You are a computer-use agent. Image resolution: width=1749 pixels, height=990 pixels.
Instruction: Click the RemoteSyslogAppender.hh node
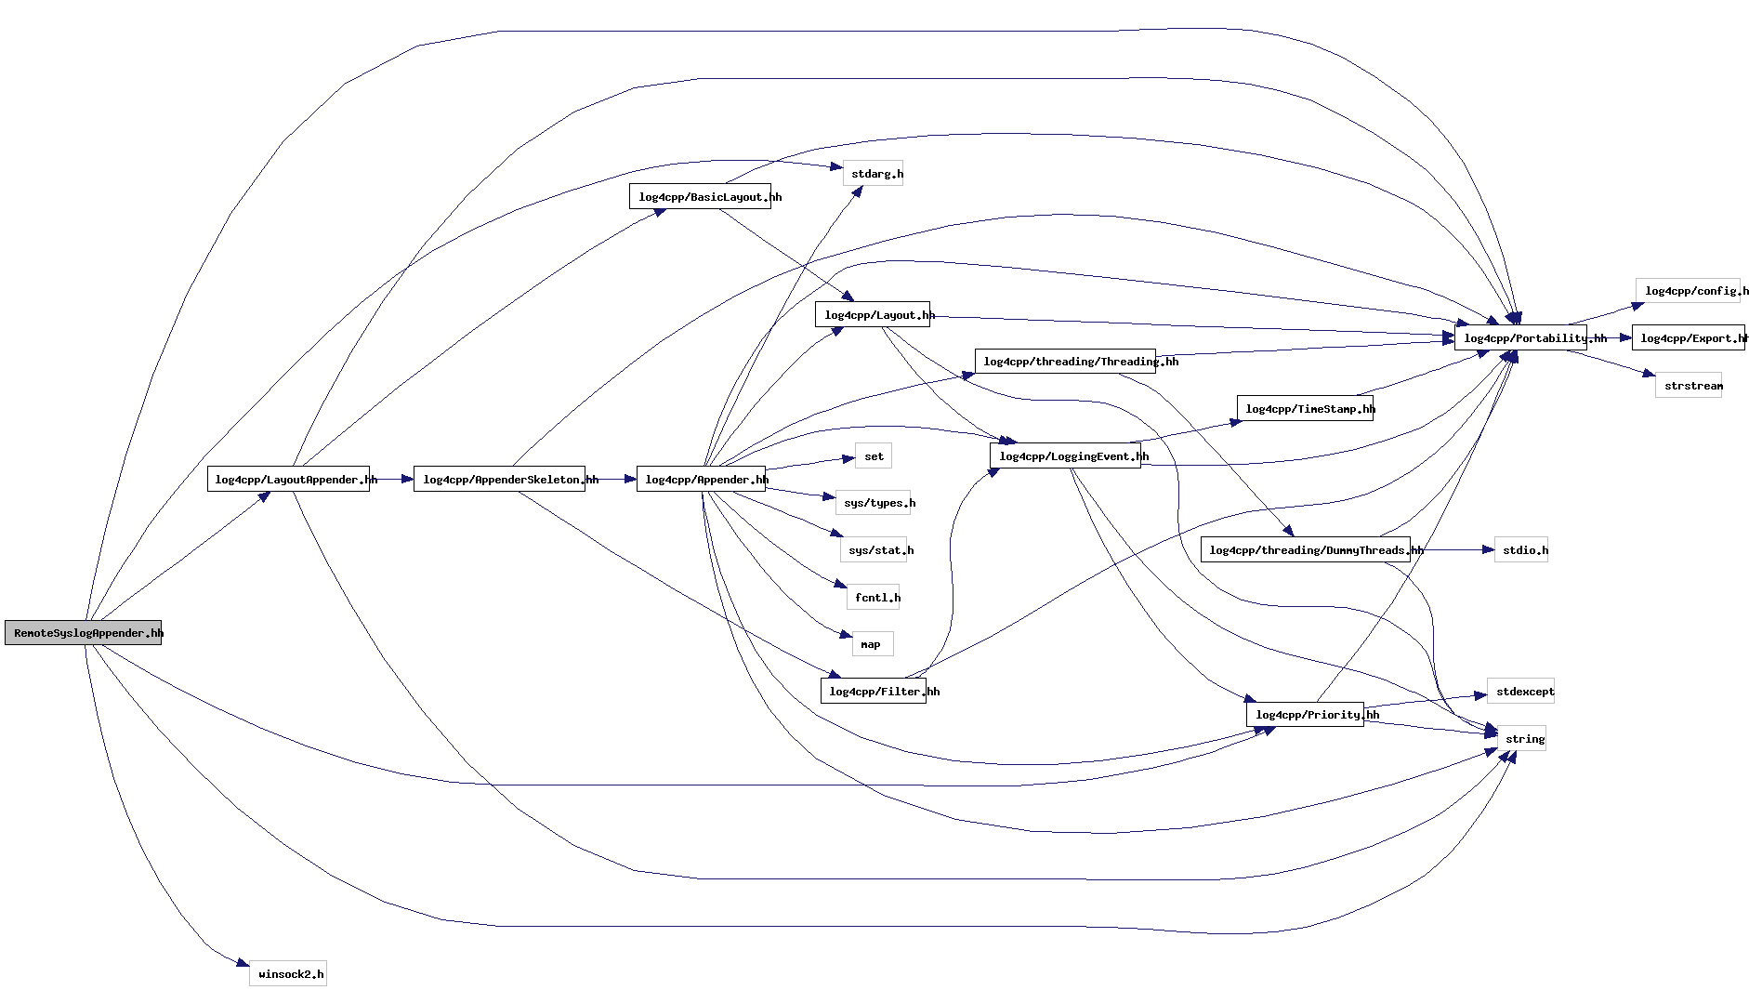pos(84,633)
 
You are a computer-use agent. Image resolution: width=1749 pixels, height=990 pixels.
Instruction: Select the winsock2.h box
pos(288,974)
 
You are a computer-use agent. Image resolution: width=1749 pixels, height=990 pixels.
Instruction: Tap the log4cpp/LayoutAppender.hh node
pos(288,480)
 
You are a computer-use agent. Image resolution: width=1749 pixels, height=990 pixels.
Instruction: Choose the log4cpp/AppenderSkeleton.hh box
pos(499,480)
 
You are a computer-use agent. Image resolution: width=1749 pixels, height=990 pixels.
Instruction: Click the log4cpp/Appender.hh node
pos(701,480)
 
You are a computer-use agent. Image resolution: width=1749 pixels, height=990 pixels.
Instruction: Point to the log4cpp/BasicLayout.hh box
pos(700,197)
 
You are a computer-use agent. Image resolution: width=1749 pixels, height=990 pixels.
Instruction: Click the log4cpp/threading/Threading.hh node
pos(1065,362)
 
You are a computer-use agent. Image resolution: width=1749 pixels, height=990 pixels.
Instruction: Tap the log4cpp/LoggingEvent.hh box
pos(1065,456)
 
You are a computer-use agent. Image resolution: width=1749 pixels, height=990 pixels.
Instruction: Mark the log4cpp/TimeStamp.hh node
pos(1305,409)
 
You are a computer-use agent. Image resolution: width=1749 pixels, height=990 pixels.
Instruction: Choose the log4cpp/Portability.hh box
pos(1520,338)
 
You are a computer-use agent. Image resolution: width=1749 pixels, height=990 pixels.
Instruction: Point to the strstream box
pos(1689,386)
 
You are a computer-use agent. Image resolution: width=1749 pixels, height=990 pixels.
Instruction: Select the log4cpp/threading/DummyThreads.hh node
pos(1305,550)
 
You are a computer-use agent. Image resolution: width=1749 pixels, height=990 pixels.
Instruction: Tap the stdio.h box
pos(1521,550)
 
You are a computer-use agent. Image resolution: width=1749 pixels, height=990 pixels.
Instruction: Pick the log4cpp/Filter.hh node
pos(874,692)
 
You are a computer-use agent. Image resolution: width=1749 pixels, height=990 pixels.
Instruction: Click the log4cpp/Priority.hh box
pos(1305,715)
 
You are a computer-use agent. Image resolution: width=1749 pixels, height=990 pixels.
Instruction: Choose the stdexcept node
pos(1520,692)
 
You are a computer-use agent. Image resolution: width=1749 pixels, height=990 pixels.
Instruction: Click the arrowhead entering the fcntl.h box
pos(840,586)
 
